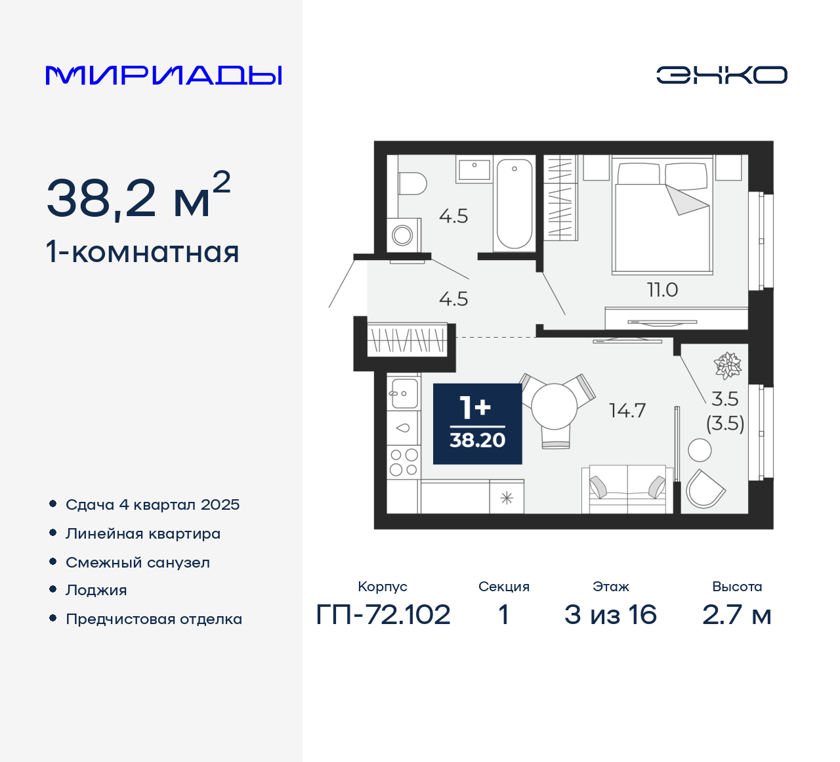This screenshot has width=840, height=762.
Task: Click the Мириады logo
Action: [164, 76]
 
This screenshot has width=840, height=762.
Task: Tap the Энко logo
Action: [721, 75]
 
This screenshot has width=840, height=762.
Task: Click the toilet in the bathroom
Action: [411, 183]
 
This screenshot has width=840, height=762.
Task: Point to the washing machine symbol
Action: [402, 235]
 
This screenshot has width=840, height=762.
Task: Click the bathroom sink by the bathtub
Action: [474, 169]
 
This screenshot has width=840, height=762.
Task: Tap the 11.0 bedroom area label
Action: [662, 290]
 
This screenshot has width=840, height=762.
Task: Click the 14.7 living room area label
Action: [627, 411]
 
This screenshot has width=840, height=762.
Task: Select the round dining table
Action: [555, 406]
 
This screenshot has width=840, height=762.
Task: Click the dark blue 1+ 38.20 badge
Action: [477, 424]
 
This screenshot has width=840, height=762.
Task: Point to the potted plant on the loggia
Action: [727, 365]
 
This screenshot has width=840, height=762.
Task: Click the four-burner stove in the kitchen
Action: [403, 461]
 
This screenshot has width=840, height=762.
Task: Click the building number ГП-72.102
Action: [383, 615]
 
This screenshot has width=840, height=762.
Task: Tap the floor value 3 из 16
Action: [610, 615]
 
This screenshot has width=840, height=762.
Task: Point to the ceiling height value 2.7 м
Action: [736, 615]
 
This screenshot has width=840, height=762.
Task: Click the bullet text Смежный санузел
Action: [138, 562]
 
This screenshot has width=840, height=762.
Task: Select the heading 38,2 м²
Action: [138, 196]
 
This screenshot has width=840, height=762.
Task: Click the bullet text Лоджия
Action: [96, 590]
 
